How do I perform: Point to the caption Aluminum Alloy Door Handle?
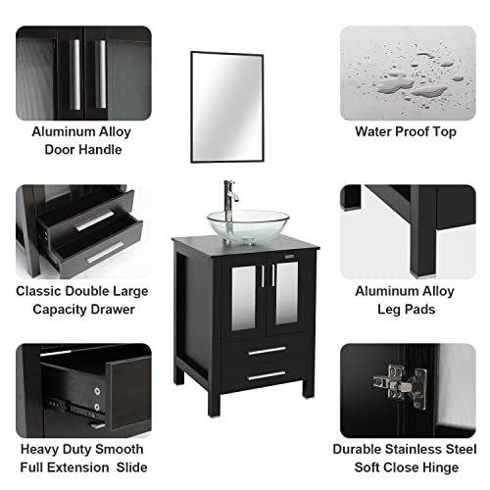81,139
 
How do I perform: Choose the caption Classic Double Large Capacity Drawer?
81,299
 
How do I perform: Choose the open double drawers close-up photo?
82,229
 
